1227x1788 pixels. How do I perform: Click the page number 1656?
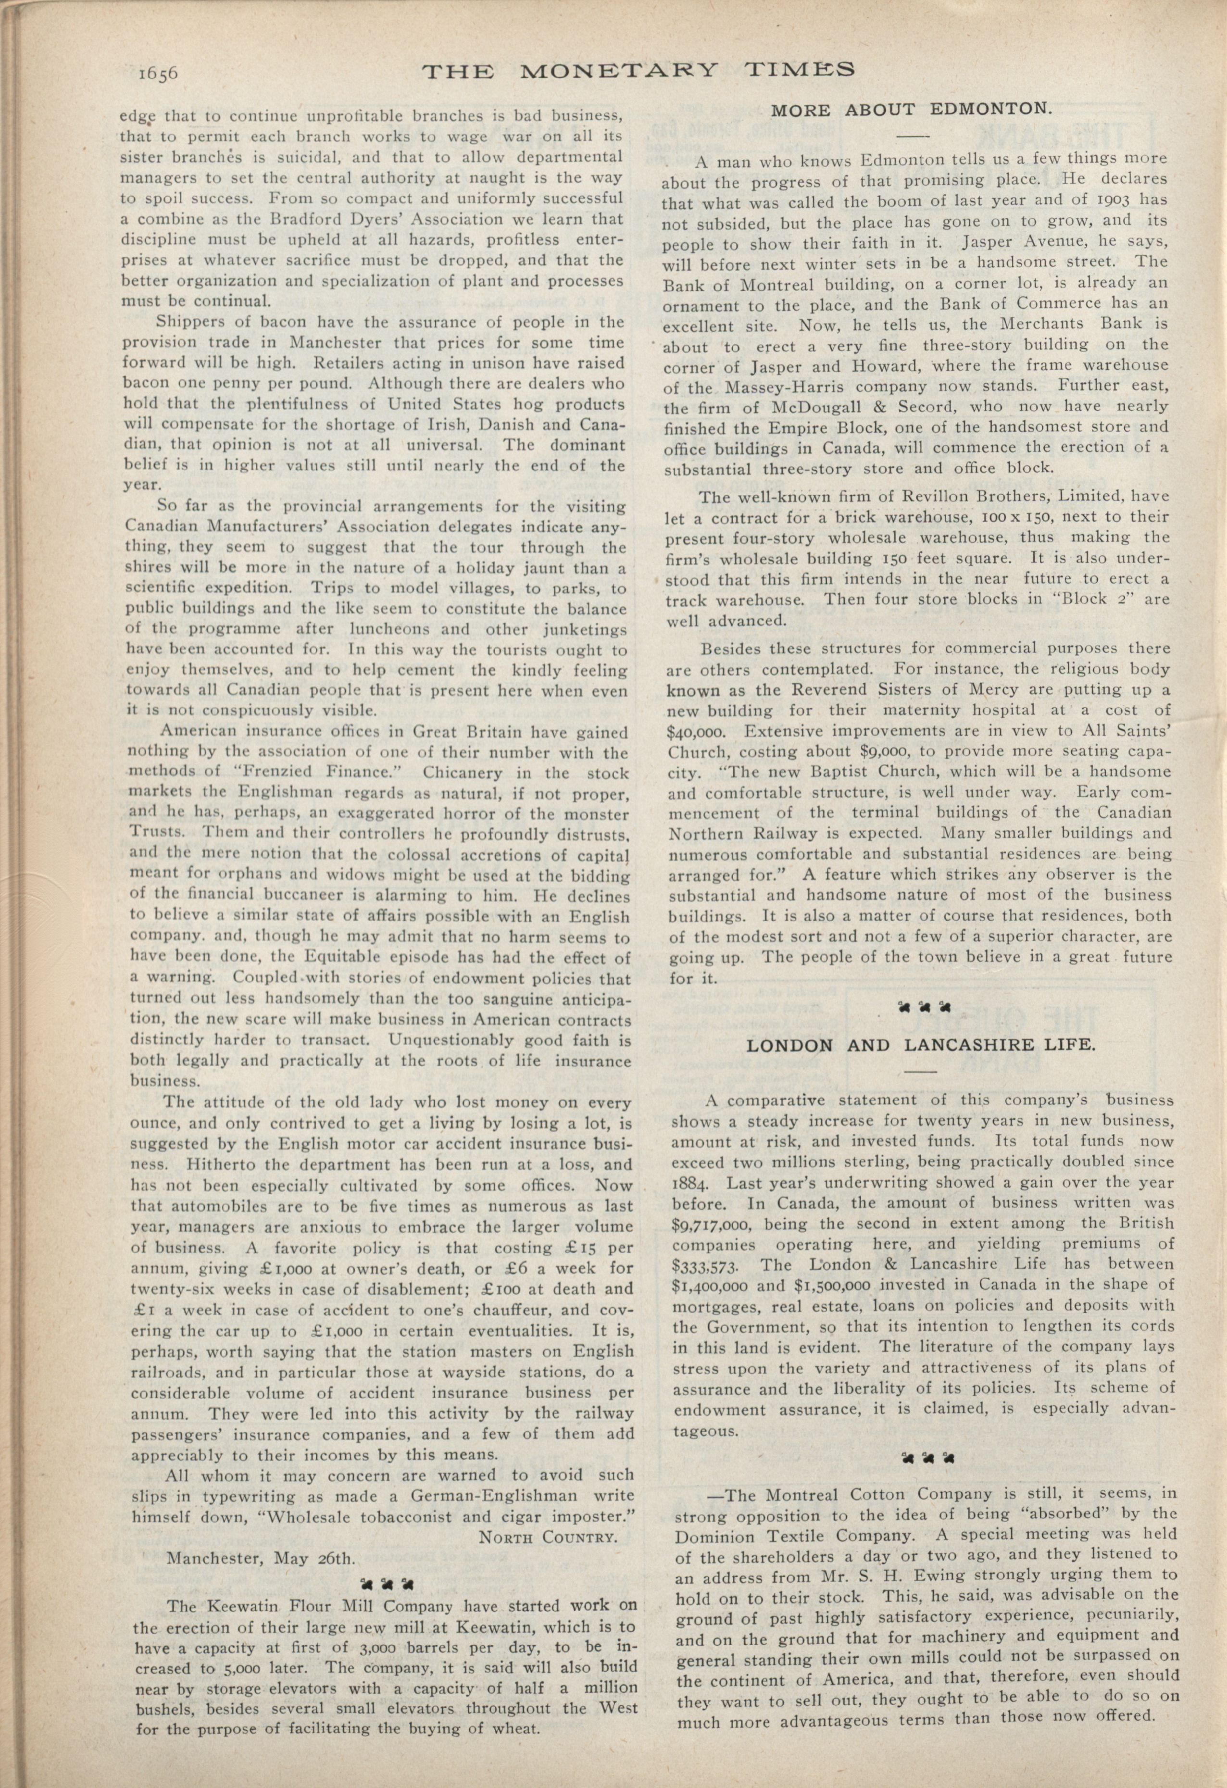[159, 73]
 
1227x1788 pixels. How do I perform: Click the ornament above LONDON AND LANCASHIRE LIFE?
[924, 1006]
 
